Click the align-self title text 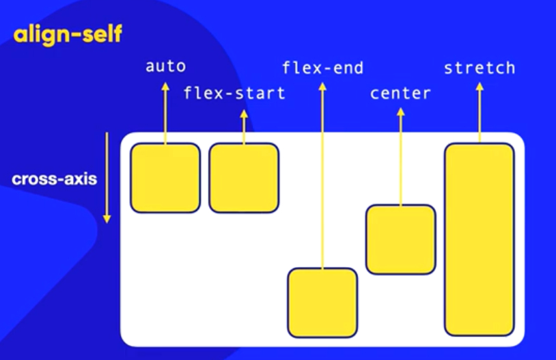click(67, 35)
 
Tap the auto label click(165, 66)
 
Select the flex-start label click(234, 93)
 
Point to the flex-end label click(322, 68)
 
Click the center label click(400, 93)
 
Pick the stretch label click(479, 68)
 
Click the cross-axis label click(54, 180)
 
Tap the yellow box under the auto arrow click(165, 178)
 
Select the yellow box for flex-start click(244, 178)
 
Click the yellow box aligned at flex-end click(322, 302)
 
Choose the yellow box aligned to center click(400, 239)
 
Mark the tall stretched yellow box click(479, 239)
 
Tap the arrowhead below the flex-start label click(244, 113)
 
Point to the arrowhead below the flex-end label click(322, 86)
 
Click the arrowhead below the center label click(400, 111)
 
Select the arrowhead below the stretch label click(479, 87)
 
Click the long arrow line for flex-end click(322, 178)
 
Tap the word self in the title click(98, 35)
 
